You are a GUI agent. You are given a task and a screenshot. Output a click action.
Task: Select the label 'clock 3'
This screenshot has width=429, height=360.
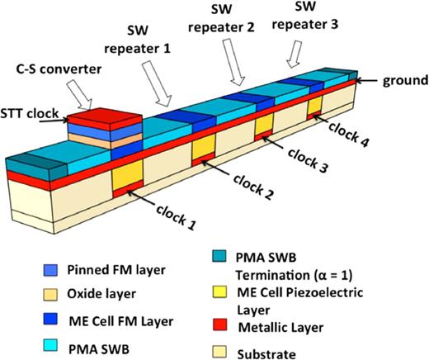(304, 150)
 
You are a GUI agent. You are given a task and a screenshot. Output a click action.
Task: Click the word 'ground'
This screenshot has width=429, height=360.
(403, 81)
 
